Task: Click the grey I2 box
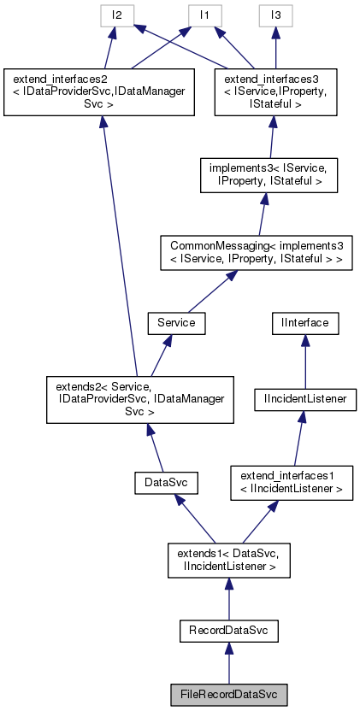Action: click(115, 15)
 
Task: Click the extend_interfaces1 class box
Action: click(290, 484)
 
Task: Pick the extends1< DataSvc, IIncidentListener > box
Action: click(227, 560)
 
